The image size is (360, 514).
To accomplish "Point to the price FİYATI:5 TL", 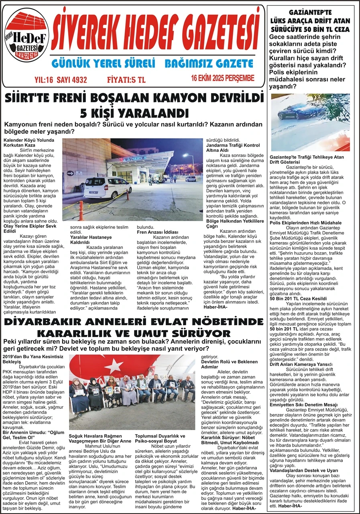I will click(126, 80).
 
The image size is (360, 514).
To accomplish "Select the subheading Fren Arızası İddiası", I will click(157, 232).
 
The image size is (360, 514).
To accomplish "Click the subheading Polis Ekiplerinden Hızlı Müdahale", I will click(305, 222).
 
